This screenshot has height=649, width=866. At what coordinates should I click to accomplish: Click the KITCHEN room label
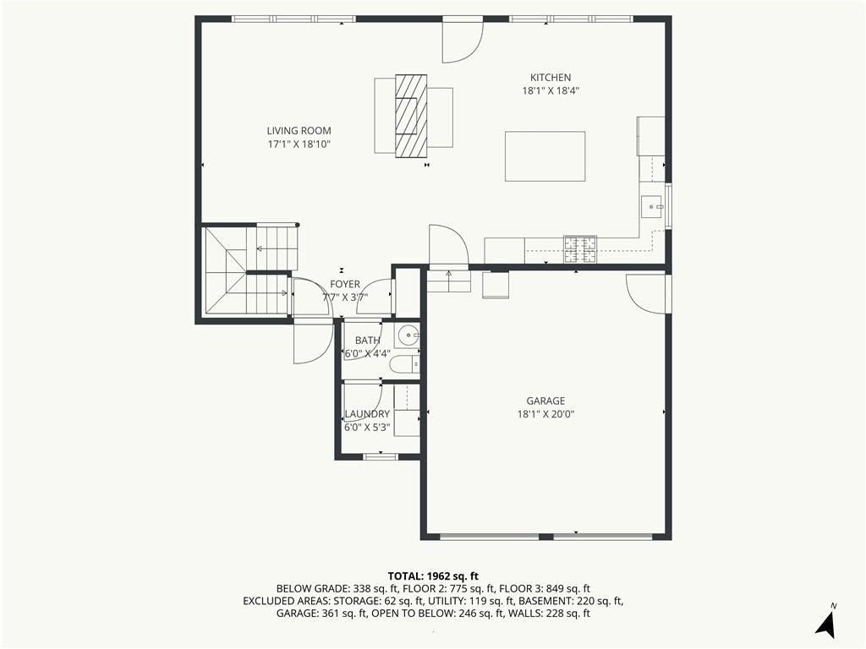(x=551, y=78)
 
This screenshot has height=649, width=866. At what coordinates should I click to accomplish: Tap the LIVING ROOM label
(x=299, y=131)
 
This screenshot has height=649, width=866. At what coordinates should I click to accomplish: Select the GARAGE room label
(x=545, y=401)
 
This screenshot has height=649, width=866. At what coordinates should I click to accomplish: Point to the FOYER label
(x=345, y=284)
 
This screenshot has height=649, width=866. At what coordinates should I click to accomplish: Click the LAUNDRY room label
(x=367, y=414)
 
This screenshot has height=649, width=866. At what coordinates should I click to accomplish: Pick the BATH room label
(x=367, y=341)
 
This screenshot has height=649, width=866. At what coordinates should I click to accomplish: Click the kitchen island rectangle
(x=545, y=156)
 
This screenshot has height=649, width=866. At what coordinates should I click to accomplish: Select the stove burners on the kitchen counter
(x=580, y=249)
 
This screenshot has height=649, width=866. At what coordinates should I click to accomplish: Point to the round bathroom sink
(x=408, y=335)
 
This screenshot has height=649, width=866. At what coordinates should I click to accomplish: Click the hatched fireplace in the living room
(x=412, y=116)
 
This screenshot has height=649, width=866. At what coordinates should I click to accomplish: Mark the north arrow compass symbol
(x=827, y=623)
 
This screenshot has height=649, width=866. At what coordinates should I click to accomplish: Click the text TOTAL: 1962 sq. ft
(x=433, y=576)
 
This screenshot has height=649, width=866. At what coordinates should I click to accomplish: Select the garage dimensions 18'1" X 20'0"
(x=545, y=414)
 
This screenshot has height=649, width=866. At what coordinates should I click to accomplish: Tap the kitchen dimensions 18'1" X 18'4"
(x=551, y=91)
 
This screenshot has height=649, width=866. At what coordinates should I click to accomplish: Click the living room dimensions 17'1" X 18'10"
(x=299, y=145)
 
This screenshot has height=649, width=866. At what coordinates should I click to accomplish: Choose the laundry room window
(x=381, y=456)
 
